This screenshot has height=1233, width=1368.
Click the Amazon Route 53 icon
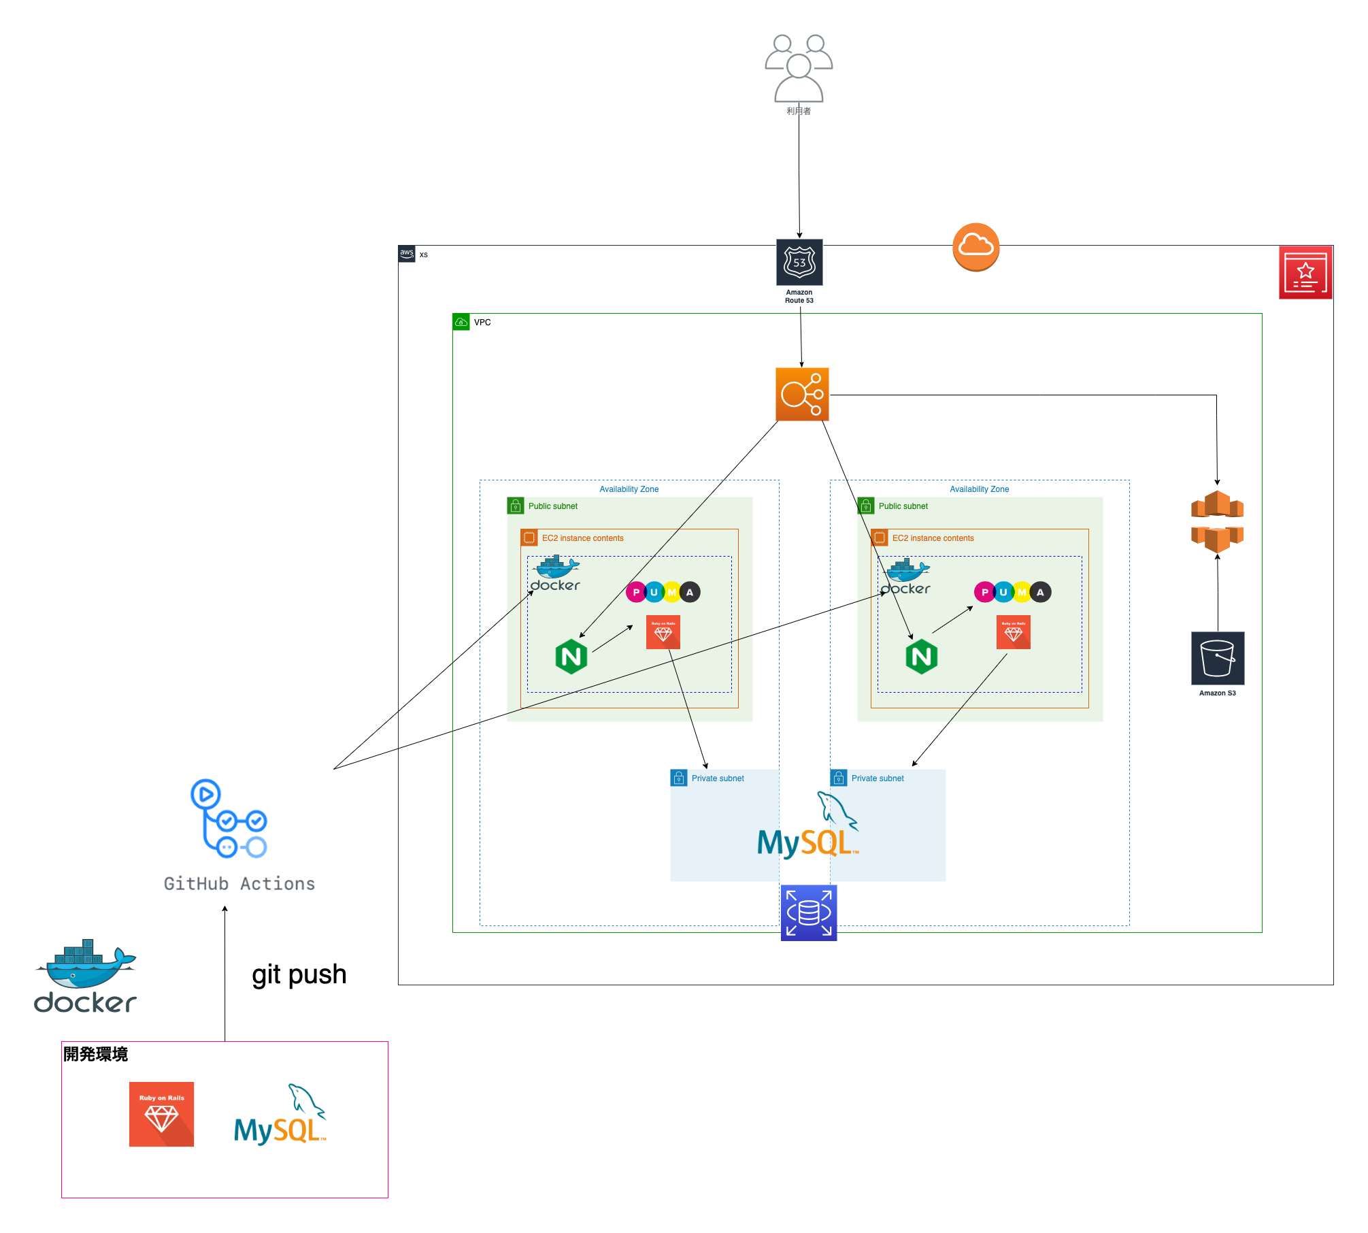(x=799, y=263)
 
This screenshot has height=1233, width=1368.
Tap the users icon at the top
(x=799, y=68)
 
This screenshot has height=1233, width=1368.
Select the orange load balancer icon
(x=802, y=395)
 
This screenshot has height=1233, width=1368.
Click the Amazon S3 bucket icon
(x=1218, y=658)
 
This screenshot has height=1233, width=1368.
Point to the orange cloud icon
(x=975, y=246)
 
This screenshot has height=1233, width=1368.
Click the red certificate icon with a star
(x=1305, y=273)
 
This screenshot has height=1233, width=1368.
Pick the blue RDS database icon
(x=809, y=913)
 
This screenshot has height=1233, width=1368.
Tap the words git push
(x=299, y=974)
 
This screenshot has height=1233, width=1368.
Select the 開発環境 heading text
(x=96, y=1054)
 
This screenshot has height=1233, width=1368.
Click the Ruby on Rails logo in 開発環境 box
(x=162, y=1114)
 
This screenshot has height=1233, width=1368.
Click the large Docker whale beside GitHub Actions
(x=86, y=976)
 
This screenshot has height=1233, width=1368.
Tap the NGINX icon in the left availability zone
(x=571, y=657)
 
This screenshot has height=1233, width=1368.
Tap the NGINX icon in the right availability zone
(x=922, y=657)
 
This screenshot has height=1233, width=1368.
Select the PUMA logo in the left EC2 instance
(x=663, y=592)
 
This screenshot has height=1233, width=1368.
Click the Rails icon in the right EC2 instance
(x=1014, y=632)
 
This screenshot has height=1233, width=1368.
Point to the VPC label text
(x=482, y=323)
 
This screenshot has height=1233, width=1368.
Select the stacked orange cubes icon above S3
(x=1217, y=521)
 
